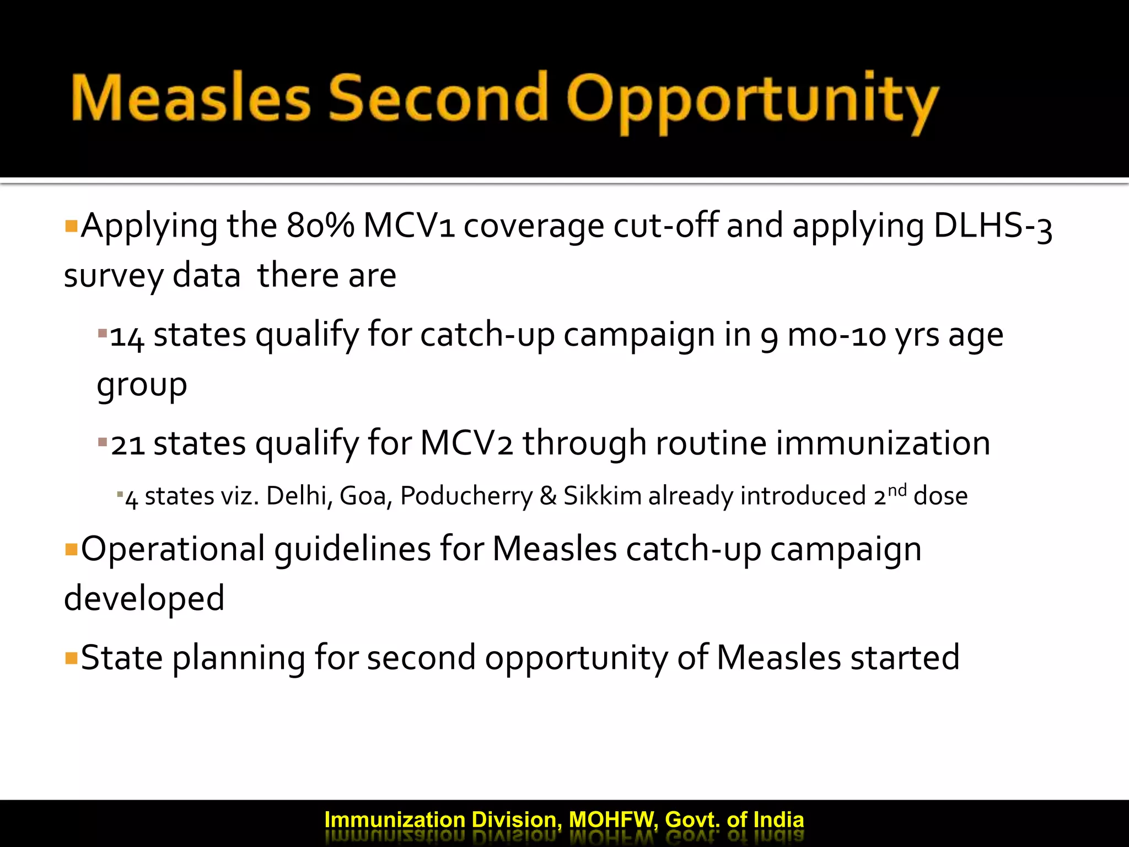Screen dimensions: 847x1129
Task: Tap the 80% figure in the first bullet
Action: [320, 226]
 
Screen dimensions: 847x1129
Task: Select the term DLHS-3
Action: [993, 226]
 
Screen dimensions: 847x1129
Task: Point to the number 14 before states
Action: [127, 336]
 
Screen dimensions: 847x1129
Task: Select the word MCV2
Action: [466, 443]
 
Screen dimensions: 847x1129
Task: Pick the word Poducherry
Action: [466, 496]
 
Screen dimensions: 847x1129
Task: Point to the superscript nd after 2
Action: [897, 490]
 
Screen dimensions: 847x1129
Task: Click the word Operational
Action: [173, 549]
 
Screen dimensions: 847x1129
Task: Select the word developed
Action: [144, 599]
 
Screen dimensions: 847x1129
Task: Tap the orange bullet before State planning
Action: [71, 658]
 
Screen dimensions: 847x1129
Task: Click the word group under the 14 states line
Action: [142, 385]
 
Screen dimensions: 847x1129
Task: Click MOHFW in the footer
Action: [612, 820]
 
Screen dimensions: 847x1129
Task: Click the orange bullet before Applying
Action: [71, 226]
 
